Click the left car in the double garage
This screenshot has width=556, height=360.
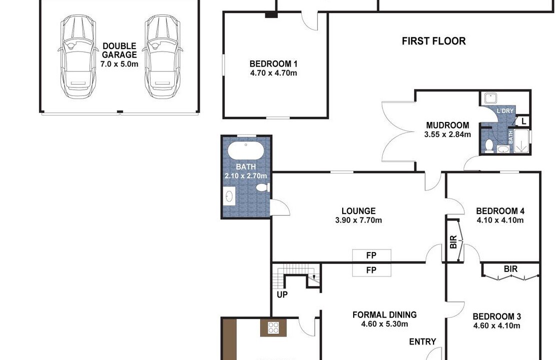tap(78, 56)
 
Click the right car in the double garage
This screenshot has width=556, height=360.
tap(163, 56)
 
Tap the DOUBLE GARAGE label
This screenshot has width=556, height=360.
tap(119, 50)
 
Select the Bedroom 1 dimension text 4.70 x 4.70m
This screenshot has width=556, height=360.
tap(273, 73)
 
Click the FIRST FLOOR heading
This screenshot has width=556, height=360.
tap(434, 41)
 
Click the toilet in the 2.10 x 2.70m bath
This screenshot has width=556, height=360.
tap(263, 187)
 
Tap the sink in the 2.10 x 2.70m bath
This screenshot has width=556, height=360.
tap(230, 196)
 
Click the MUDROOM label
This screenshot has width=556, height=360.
tap(448, 125)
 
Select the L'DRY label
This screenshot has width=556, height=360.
tap(505, 111)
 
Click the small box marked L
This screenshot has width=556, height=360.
tap(524, 121)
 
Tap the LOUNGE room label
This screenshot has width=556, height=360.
tap(359, 211)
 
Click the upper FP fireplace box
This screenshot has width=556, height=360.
tap(372, 255)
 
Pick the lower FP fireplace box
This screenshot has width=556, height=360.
tap(372, 270)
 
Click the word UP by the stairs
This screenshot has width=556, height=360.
tap(282, 294)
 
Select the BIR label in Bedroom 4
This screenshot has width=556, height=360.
tap(453, 242)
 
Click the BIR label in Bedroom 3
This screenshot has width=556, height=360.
tap(511, 269)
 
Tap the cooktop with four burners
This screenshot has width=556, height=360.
tap(273, 327)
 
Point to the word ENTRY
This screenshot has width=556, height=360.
tap(422, 341)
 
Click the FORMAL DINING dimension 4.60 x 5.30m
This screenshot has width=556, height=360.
tap(385, 324)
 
